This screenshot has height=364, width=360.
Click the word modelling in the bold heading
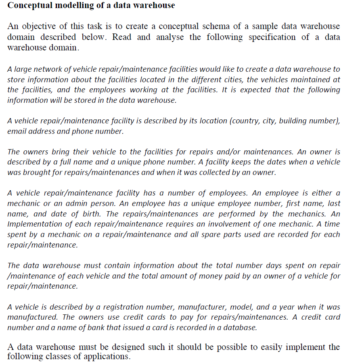pyautogui.click(x=66, y=6)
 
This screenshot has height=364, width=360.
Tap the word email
pyautogui.click(x=17, y=131)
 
